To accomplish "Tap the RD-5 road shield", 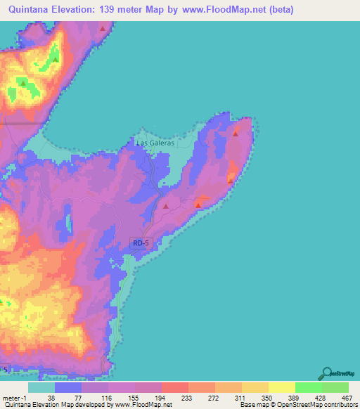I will pos(141,243).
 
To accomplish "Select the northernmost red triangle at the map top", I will pos(103,29).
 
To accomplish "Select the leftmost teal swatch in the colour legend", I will pos(41,387).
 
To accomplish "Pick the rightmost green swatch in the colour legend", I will pos(335,387).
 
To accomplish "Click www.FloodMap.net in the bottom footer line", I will pos(143,405).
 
